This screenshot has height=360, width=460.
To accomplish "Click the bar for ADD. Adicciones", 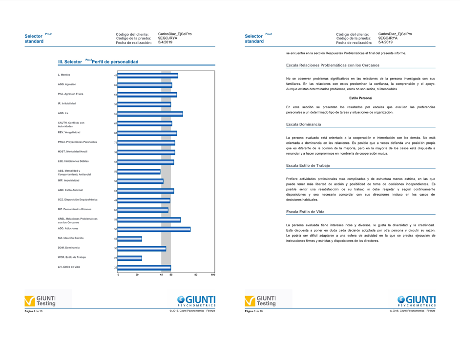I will (x=154, y=229).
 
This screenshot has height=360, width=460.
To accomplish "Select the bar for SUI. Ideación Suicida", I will (x=130, y=239).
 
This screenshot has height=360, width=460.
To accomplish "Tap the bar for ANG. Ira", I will (x=150, y=114).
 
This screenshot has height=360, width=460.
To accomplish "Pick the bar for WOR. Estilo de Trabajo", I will (x=130, y=258).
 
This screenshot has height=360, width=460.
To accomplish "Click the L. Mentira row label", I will (x=64, y=75).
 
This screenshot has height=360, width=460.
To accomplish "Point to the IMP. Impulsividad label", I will (x=69, y=180).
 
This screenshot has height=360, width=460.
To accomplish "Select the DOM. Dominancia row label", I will (x=69, y=248).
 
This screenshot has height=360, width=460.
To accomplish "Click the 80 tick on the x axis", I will (x=196, y=275).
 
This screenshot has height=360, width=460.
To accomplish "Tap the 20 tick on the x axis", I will (x=137, y=275).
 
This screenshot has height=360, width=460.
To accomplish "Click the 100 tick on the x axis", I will (x=213, y=275).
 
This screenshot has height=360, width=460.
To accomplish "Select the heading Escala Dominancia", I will (x=303, y=125).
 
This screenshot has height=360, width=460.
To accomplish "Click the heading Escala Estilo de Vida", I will (x=305, y=212).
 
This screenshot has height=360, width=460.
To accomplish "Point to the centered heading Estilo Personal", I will (x=360, y=99).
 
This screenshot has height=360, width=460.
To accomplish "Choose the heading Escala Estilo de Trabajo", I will (x=308, y=166).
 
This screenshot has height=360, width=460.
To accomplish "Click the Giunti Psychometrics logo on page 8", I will (x=417, y=300).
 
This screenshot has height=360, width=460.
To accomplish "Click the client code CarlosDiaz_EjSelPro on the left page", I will (x=175, y=34).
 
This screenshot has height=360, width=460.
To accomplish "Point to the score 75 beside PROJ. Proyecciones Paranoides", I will (x=116, y=142).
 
